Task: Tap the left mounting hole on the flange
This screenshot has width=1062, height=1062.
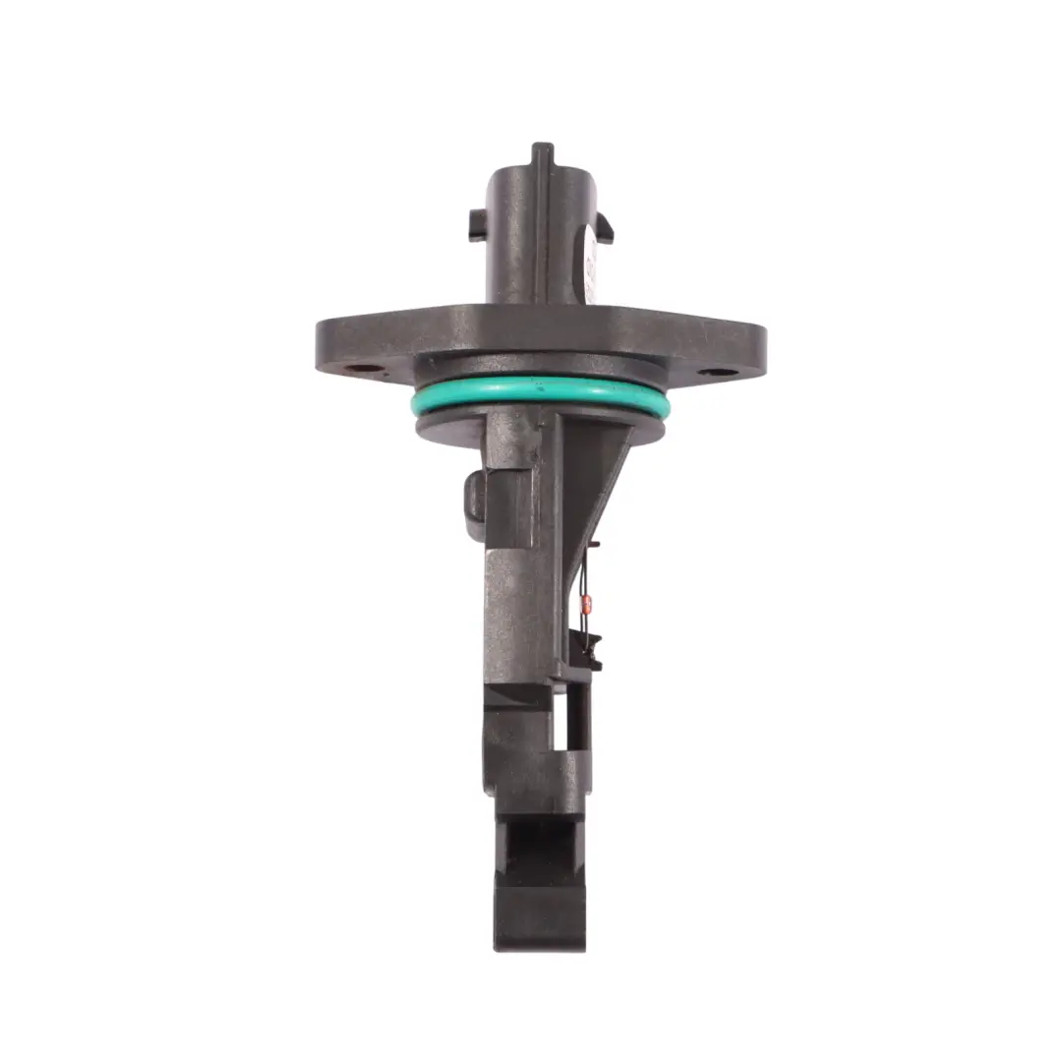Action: [x=365, y=371]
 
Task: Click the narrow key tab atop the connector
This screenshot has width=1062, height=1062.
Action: [x=542, y=155]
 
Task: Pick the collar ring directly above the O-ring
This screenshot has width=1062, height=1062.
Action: [x=541, y=370]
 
